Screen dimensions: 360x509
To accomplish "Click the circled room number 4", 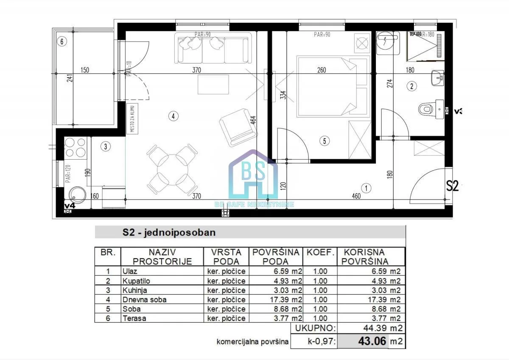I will point(172,115).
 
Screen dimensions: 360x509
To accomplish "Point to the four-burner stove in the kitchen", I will point(75,147).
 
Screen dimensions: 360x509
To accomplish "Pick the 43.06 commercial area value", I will point(369,341).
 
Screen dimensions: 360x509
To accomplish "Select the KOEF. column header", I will point(320,252).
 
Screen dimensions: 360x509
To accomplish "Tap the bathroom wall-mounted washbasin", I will point(437,78).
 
